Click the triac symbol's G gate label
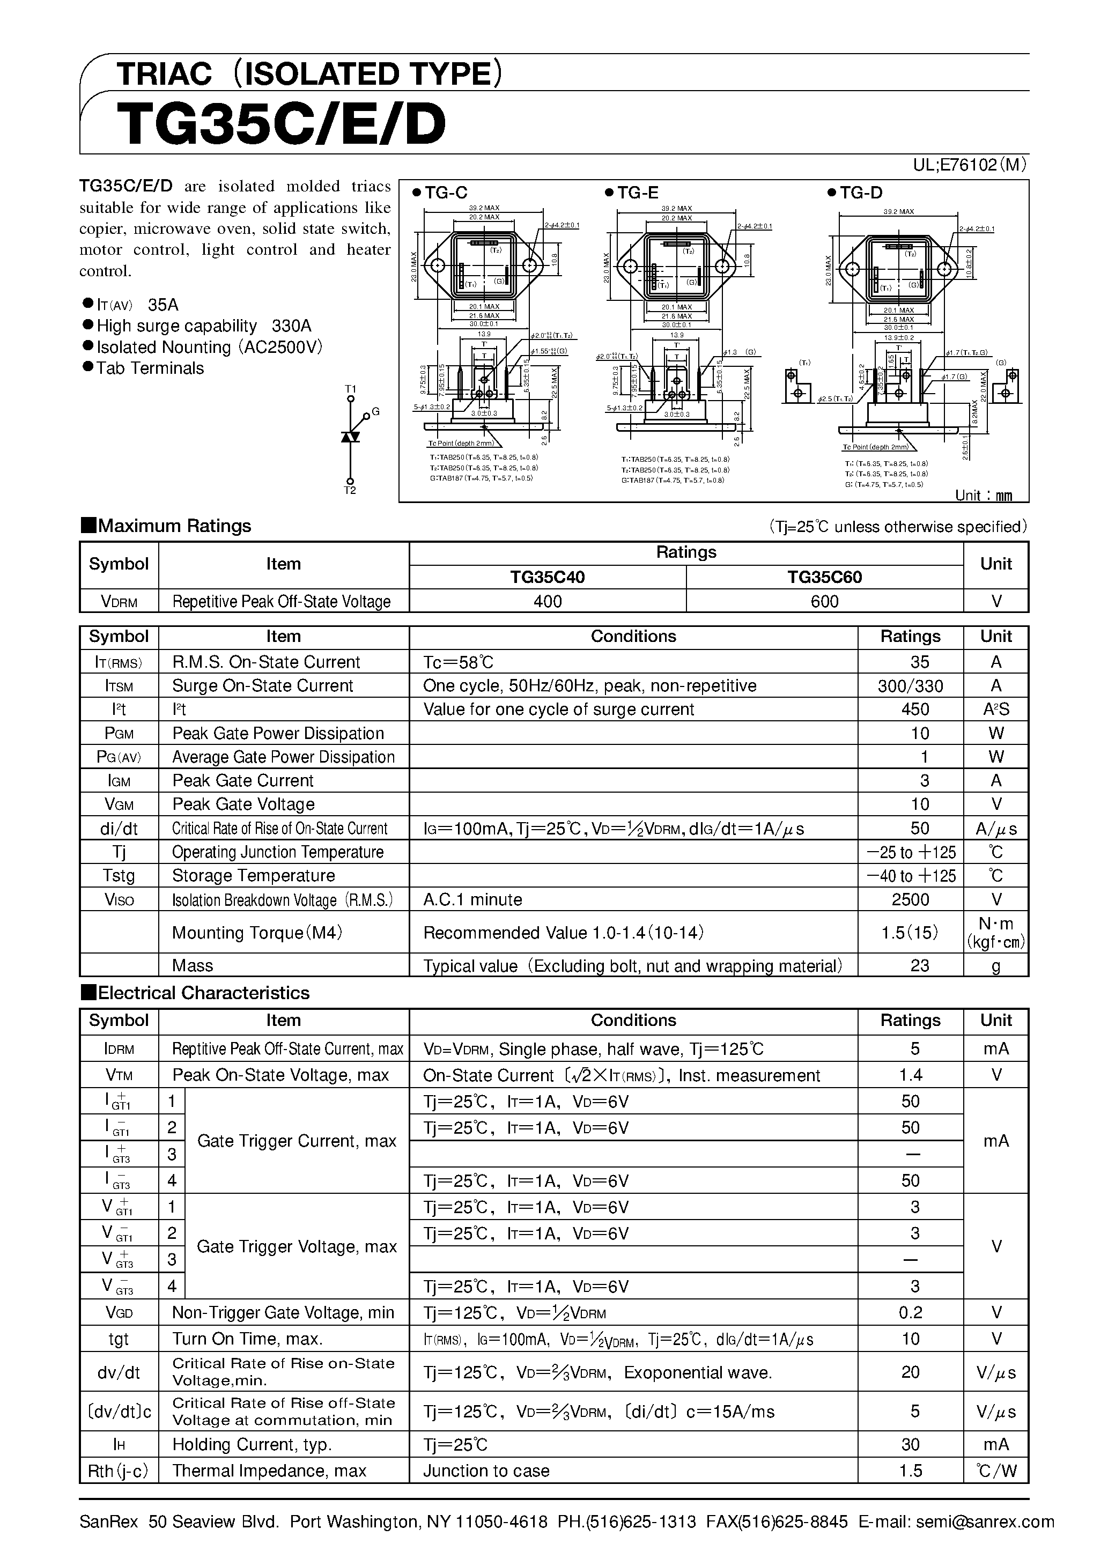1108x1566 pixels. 375,412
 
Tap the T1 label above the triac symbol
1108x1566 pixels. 351,389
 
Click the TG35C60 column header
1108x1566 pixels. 824,577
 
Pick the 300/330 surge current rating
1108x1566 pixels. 910,685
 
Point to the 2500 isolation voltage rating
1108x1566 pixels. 910,899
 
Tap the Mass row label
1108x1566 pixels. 193,965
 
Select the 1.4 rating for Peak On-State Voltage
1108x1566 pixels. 910,1075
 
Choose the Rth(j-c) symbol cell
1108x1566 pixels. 118,1470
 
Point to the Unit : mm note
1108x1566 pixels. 983,495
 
